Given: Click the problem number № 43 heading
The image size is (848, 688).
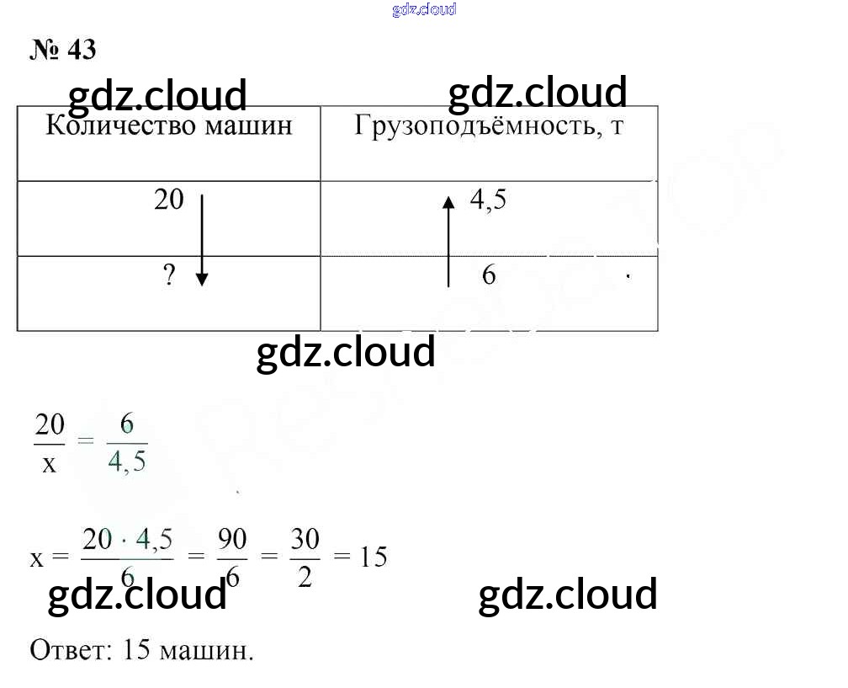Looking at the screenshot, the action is point(63,50).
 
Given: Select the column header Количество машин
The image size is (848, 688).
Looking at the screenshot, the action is point(168,126).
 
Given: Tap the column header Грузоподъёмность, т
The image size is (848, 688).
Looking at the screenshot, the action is point(489,126).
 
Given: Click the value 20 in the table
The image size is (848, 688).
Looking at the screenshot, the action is point(169,200).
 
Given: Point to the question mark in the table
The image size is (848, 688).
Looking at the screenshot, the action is point(170,276).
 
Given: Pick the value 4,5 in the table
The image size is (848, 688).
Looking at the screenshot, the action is point(488,201).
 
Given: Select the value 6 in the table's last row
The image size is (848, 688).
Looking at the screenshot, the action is point(489,275).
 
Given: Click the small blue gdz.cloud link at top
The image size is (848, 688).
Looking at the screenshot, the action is point(424,9).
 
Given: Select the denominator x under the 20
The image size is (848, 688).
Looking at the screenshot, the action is point(49,463).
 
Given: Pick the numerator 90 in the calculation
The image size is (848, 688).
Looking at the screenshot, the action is point(232,540).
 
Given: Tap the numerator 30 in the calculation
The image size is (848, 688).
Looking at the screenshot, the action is point(305,540).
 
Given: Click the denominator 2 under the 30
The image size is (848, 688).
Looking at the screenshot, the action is point(305,579).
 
